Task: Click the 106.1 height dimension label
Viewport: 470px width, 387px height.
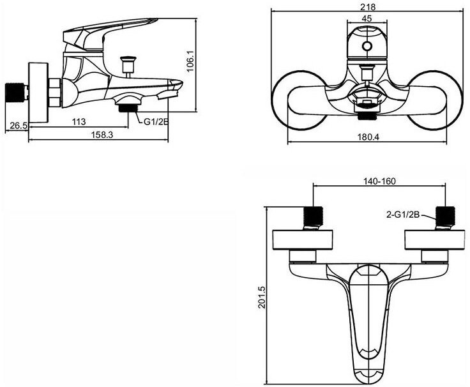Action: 191,61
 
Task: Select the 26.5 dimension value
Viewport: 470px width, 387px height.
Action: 19,126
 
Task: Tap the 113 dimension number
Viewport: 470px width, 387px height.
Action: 79,122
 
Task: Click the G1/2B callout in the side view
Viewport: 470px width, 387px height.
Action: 156,122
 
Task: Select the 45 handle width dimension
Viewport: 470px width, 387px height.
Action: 367,19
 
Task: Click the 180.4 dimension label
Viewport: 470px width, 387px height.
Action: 368,137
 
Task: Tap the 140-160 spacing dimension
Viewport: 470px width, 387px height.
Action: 379,181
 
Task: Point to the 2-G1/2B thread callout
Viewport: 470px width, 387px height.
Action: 402,215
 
